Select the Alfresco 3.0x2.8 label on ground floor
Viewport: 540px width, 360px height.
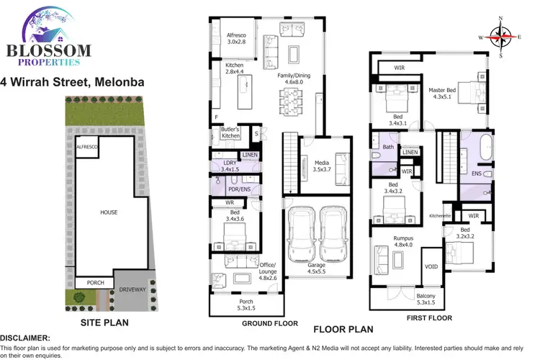point(237,38)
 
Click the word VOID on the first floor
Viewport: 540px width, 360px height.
point(431,266)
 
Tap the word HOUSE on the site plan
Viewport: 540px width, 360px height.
point(109,212)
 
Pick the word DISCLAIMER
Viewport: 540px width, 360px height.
point(25,337)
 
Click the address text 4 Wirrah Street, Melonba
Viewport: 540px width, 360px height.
point(72,82)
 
